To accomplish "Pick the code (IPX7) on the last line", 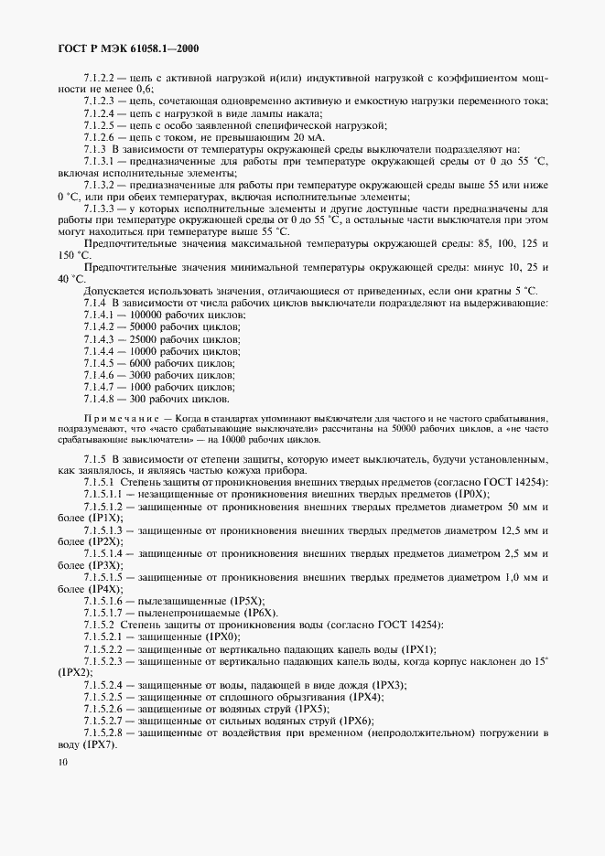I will coord(92,744).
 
